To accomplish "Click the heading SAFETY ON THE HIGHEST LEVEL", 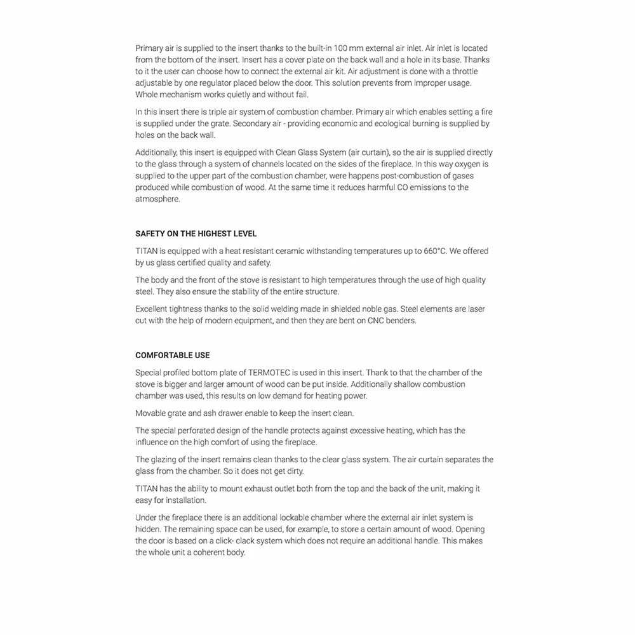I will coord(196,234).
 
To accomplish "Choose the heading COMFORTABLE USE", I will coord(173,356).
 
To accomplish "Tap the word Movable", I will coord(151,413).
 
